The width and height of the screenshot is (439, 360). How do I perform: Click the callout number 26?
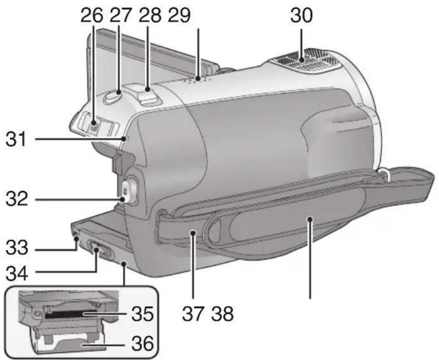pyautogui.click(x=92, y=16)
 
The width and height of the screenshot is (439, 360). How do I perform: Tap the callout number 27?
pyautogui.click(x=120, y=16)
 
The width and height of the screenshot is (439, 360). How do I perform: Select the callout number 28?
pyautogui.click(x=150, y=16)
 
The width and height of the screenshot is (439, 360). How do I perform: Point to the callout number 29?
pyautogui.click(x=179, y=16)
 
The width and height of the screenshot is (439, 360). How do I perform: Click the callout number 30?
pyautogui.click(x=301, y=16)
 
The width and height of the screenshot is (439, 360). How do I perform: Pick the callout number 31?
pyautogui.click(x=17, y=140)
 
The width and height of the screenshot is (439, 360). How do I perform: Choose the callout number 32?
pyautogui.click(x=17, y=200)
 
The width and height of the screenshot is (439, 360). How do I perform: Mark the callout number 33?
pyautogui.click(x=17, y=248)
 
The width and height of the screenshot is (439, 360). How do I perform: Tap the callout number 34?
pyautogui.click(x=17, y=274)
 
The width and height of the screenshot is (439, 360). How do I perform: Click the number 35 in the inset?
pyautogui.click(x=142, y=314)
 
